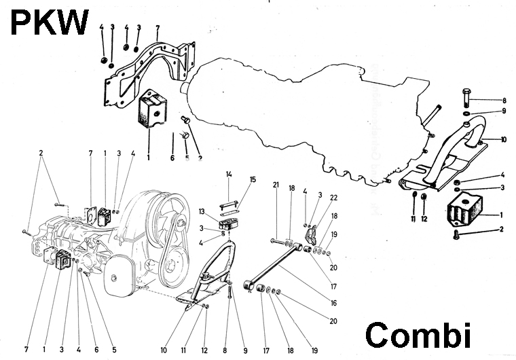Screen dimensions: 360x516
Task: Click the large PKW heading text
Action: (49, 23)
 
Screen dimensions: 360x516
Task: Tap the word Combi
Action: (418, 336)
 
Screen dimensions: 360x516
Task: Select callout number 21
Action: (276, 185)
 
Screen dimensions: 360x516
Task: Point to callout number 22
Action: (334, 198)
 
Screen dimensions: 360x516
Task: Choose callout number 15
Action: (253, 180)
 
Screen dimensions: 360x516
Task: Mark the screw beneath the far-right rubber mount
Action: (456, 235)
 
